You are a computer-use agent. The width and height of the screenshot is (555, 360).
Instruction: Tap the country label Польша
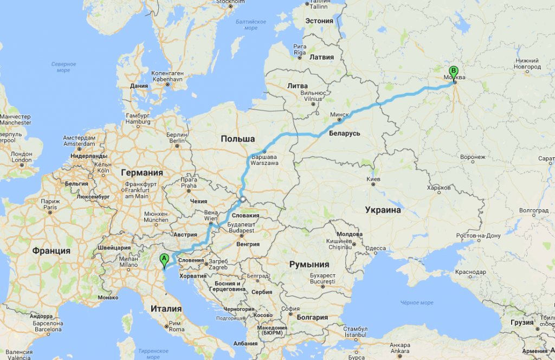click(237, 139)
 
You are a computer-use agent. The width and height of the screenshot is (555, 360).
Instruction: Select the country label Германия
click(142, 172)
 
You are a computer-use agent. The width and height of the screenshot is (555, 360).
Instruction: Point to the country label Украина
click(383, 210)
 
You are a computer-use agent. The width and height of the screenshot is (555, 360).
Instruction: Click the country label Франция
click(51, 250)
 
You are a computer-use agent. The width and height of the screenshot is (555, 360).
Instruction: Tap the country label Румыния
click(309, 265)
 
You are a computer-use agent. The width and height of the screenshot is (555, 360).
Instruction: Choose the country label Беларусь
click(344, 133)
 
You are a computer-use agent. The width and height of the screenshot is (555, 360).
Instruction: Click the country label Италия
click(166, 308)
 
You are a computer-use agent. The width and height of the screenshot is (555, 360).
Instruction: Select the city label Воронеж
click(473, 157)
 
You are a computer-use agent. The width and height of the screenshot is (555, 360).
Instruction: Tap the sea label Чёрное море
click(417, 303)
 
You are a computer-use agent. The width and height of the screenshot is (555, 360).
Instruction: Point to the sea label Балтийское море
click(251, 24)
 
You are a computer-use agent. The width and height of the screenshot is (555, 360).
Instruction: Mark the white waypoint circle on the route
click(243, 200)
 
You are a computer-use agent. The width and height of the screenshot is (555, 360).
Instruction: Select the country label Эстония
click(319, 21)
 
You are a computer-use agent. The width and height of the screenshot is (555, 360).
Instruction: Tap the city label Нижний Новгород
click(527, 63)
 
